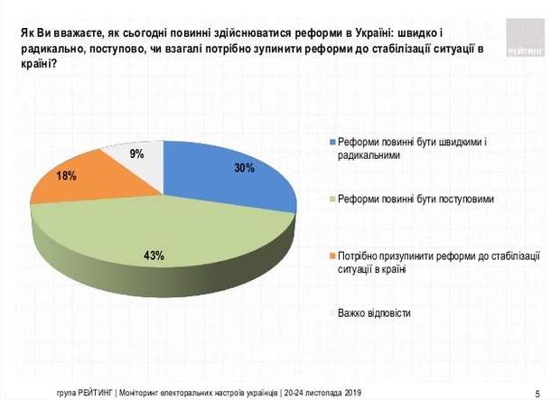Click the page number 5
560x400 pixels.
(537, 392)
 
